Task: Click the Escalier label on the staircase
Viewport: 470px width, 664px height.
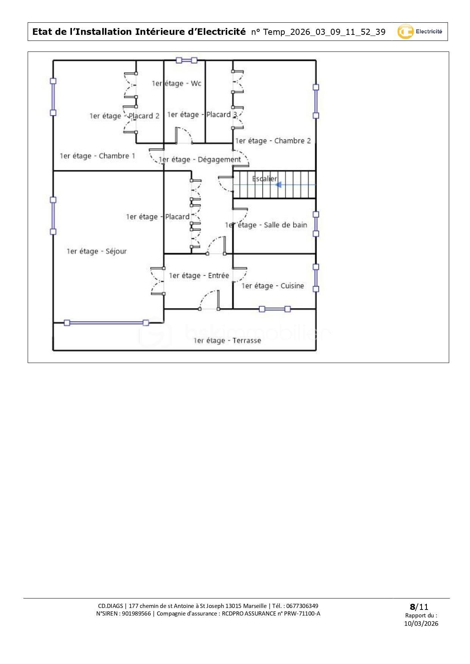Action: (x=265, y=179)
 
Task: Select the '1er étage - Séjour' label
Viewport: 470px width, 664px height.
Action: (x=97, y=251)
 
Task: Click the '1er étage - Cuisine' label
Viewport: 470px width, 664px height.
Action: (x=273, y=286)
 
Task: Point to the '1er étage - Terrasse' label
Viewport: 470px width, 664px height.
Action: (x=227, y=341)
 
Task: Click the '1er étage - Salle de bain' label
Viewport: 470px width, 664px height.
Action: (x=266, y=225)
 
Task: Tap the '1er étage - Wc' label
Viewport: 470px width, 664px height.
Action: (x=176, y=83)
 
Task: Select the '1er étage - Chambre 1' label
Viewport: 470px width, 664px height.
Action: (x=97, y=156)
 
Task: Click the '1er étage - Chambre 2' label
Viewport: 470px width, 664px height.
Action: (x=273, y=141)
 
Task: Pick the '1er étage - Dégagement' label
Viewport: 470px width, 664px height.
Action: (x=200, y=160)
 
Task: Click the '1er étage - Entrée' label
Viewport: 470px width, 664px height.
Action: (x=199, y=276)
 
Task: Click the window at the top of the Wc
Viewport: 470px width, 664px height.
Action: (x=186, y=60)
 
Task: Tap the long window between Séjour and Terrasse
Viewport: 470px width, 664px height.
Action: (x=106, y=323)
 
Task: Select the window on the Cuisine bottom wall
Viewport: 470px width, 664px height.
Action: (x=275, y=309)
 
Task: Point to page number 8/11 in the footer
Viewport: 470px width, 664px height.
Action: (x=419, y=607)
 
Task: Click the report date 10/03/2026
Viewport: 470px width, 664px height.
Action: (x=421, y=623)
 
